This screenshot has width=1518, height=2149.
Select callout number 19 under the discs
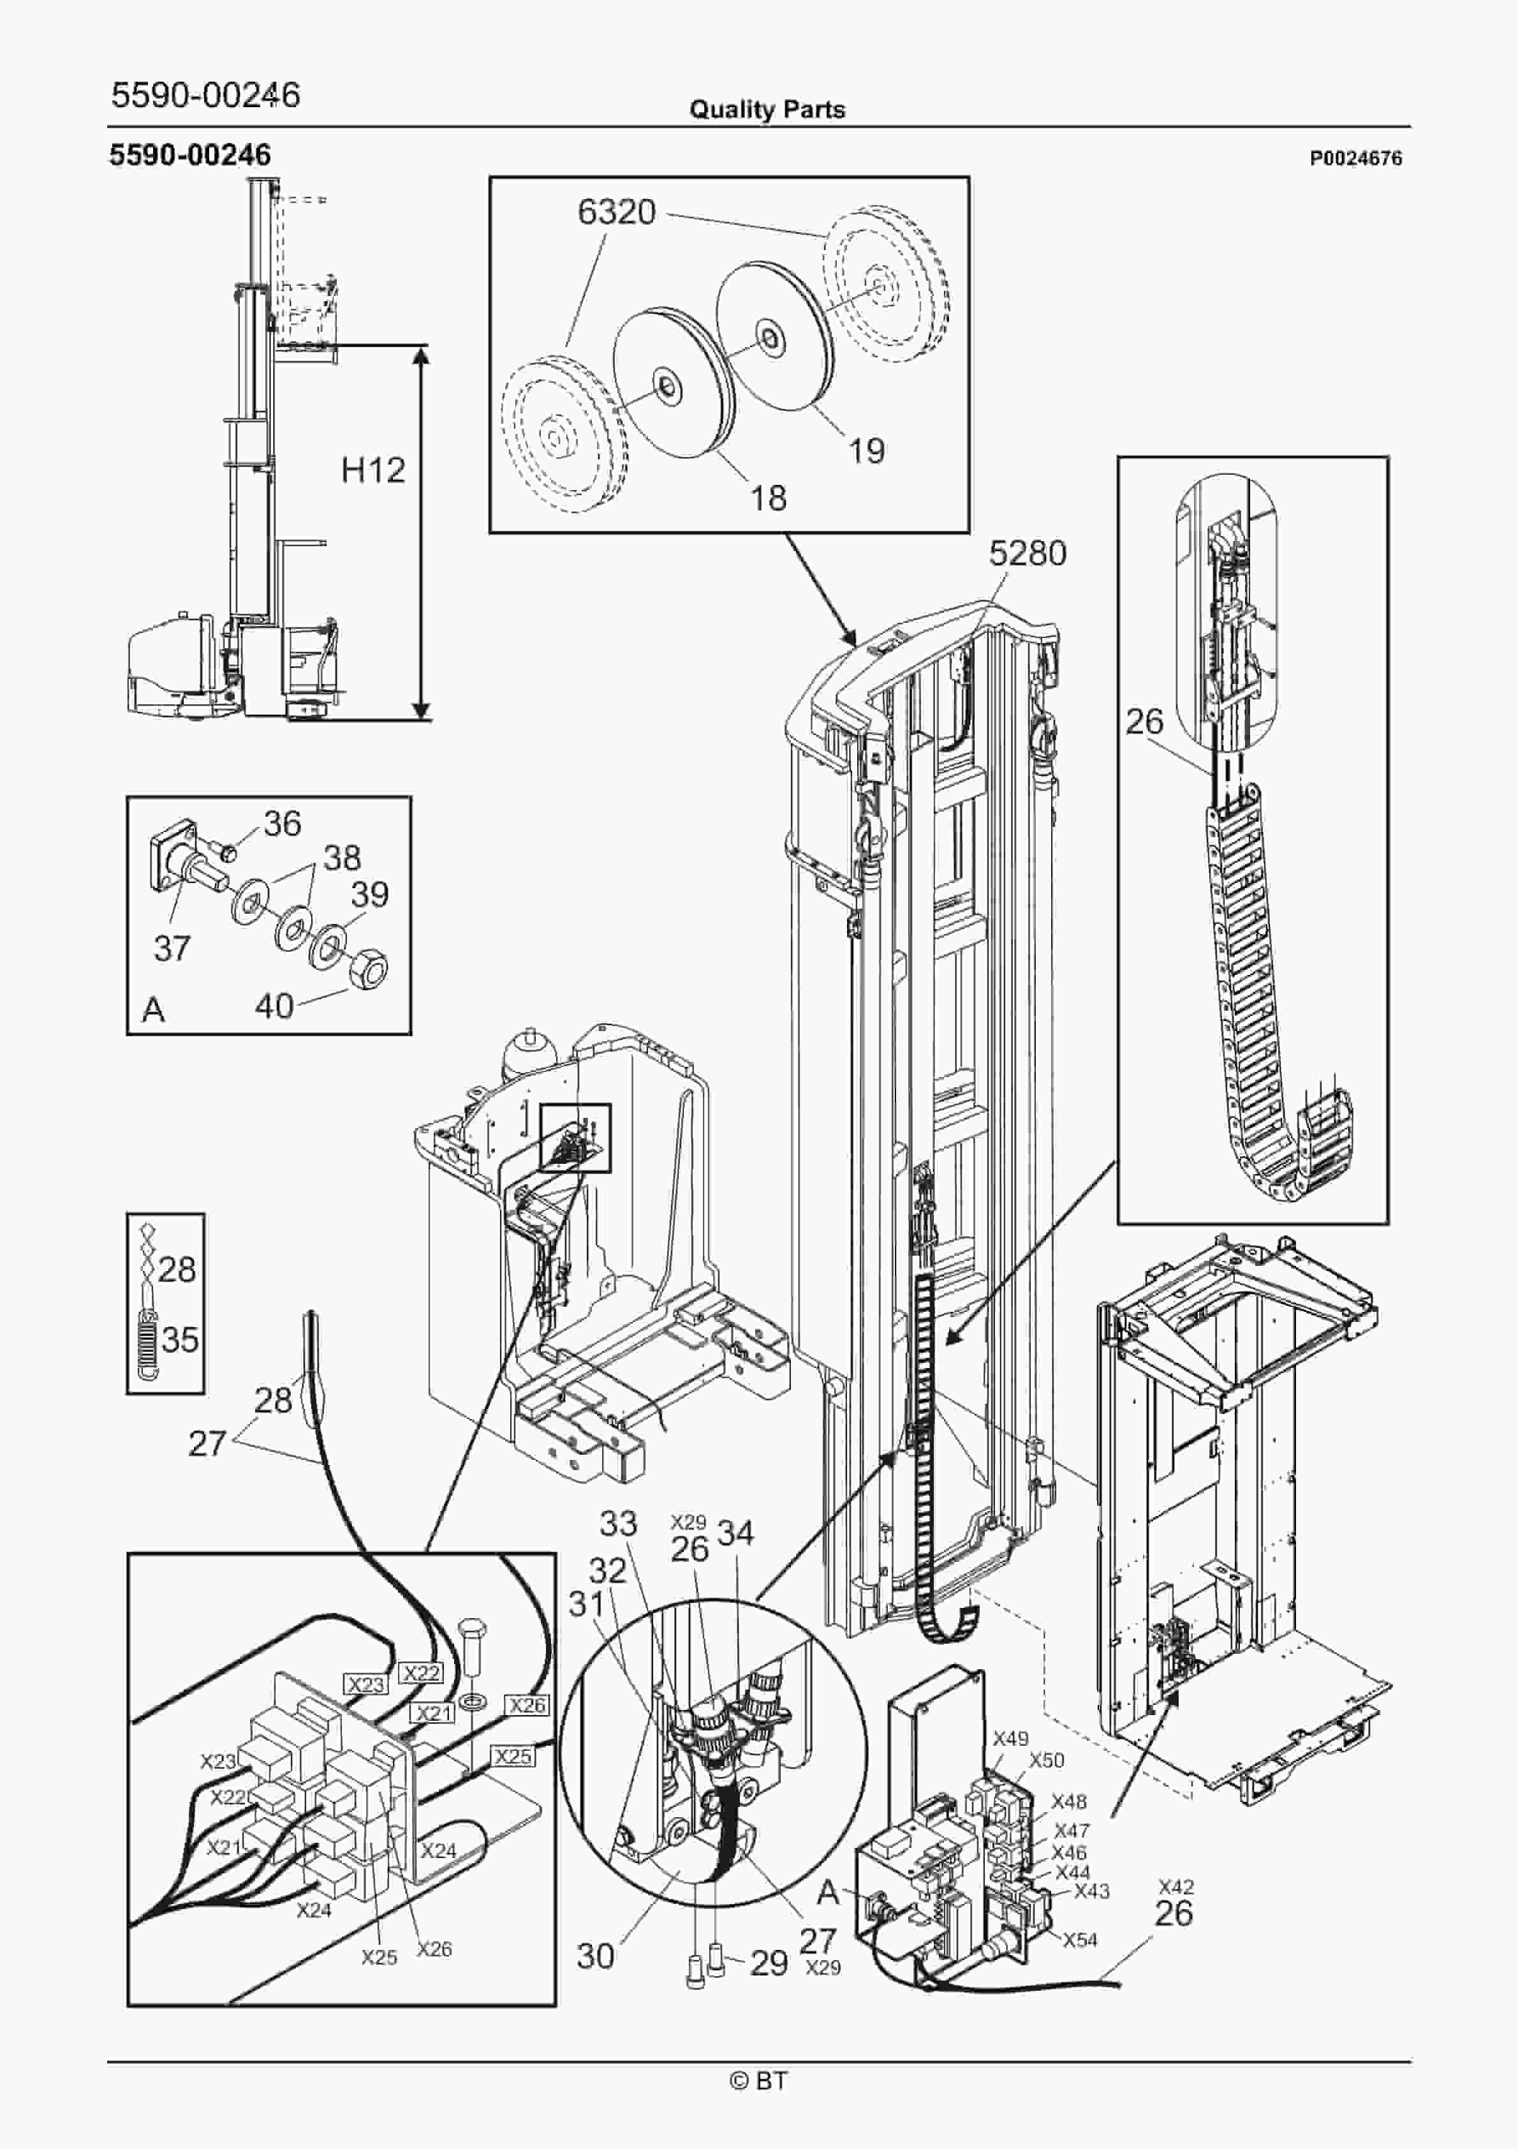866,451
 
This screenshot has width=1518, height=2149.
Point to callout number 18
769,498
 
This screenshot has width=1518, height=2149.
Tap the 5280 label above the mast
1028,554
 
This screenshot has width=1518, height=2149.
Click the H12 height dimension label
372,470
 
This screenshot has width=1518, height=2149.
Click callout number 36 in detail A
282,824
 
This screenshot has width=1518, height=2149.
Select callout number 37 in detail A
172,948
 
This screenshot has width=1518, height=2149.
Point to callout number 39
370,894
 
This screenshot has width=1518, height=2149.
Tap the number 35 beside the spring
179,1339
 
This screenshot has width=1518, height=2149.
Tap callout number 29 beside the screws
769,1963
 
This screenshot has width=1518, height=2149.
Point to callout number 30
595,1955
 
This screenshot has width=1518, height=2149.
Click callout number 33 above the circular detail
617,1523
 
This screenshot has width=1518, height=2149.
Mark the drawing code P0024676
1355,159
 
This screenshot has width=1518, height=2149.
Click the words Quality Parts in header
767,110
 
